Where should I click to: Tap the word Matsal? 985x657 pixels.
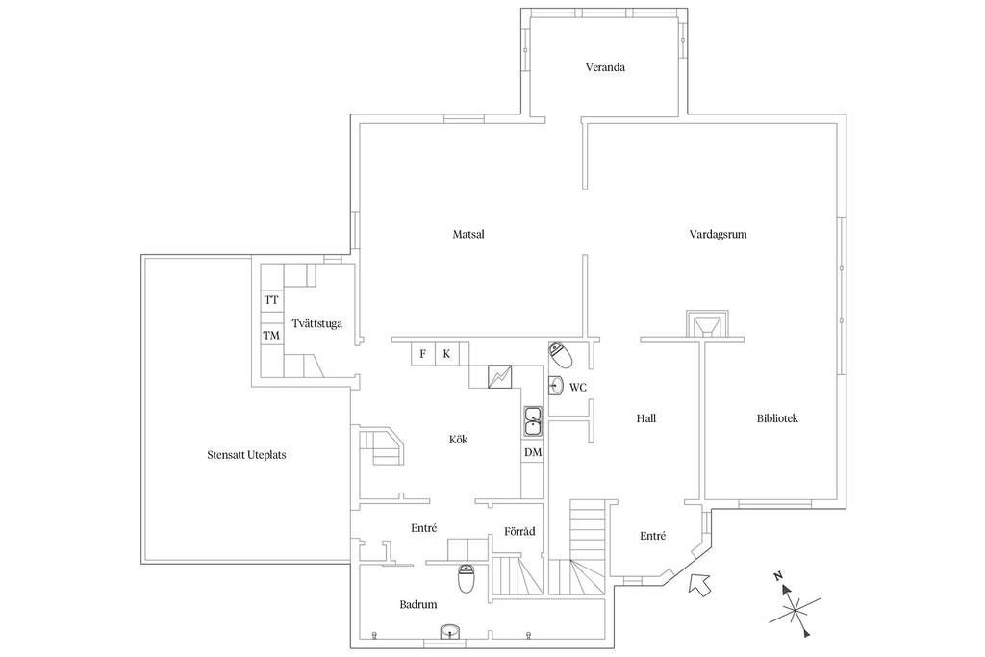click(467, 234)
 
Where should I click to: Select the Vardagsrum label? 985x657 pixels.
click(718, 234)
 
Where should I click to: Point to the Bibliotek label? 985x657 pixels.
click(777, 418)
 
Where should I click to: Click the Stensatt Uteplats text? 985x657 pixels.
click(246, 455)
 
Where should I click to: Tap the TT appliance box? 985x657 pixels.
click(271, 300)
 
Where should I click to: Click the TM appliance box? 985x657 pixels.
click(271, 335)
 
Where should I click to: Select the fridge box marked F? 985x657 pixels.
click(422, 354)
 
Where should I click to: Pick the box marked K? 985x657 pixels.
click(446, 354)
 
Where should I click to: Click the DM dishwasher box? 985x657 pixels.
click(533, 452)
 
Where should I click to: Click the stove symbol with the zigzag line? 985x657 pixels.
click(501, 376)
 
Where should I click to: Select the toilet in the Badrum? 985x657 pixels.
click(466, 579)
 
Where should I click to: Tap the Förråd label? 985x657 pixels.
click(519, 532)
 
